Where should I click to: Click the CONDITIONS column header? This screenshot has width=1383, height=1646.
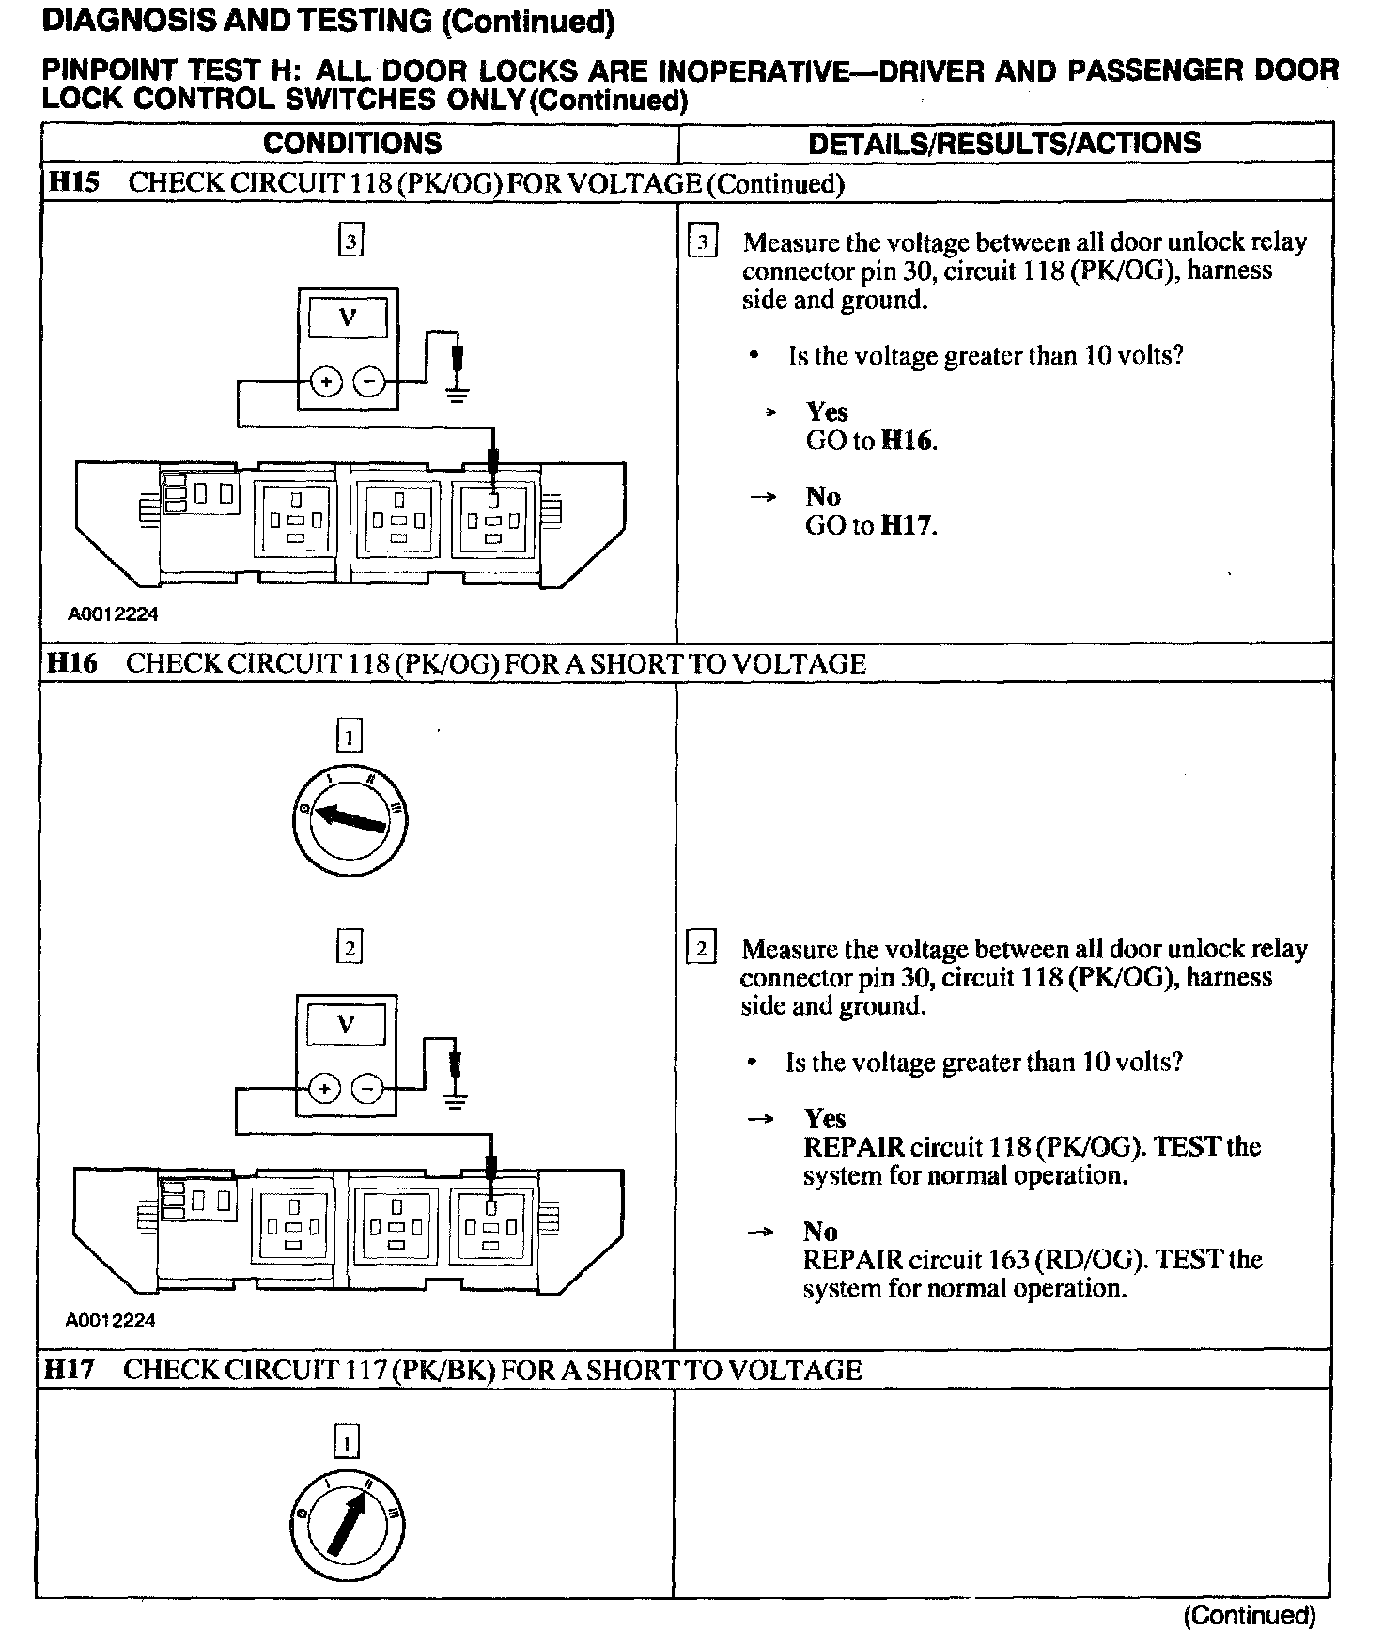[x=352, y=143]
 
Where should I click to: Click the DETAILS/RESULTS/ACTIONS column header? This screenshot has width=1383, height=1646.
[x=1004, y=143]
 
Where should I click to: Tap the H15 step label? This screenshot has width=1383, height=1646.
[x=73, y=182]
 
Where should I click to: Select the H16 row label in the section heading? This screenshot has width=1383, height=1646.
[x=71, y=663]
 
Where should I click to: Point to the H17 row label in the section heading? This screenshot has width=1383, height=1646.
[x=70, y=1370]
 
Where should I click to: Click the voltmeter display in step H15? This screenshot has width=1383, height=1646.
[x=348, y=318]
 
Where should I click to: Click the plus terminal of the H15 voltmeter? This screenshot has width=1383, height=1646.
[x=327, y=382]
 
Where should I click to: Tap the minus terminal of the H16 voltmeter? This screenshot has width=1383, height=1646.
[x=367, y=1089]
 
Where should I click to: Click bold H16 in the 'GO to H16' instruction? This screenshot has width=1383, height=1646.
[x=909, y=441]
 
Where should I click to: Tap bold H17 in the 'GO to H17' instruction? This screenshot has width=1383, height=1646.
[x=909, y=525]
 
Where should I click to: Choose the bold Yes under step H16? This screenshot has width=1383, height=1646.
[x=825, y=1118]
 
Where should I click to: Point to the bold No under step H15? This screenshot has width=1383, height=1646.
[x=823, y=496]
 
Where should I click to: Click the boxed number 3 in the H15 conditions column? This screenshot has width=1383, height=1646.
[x=350, y=241]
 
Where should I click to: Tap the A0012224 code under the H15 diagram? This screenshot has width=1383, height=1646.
[x=113, y=614]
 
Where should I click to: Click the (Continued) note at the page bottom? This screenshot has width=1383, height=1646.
[x=1250, y=1616]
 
